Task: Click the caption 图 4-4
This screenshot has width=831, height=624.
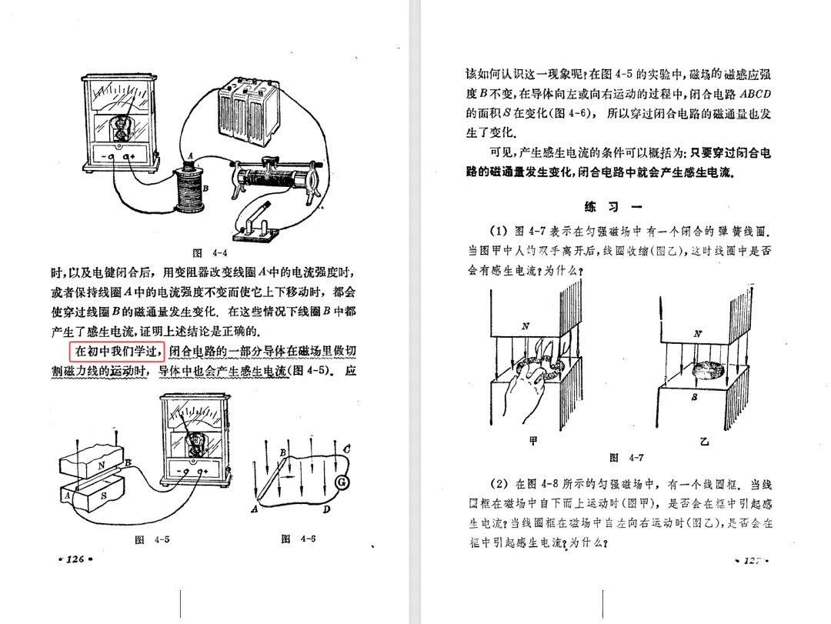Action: [209, 253]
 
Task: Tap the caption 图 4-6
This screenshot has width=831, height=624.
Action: [299, 539]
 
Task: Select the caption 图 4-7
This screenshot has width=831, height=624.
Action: [626, 458]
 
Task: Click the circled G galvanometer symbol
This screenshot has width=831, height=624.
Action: [342, 482]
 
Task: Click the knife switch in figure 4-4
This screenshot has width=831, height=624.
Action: [255, 224]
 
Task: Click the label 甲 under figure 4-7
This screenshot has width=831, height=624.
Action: [533, 442]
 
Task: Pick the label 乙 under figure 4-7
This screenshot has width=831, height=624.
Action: [704, 442]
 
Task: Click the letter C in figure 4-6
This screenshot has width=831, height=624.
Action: [347, 448]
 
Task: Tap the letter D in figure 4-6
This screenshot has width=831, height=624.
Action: [325, 509]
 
